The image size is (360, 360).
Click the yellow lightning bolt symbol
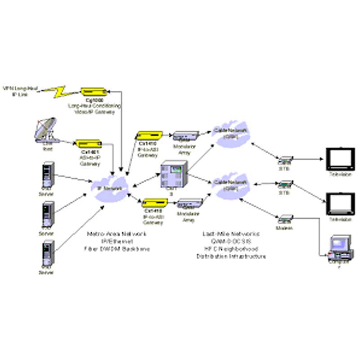click(x=60, y=92)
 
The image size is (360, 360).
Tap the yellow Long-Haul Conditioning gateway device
click(x=95, y=91)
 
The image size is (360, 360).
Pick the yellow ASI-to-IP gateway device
click(x=89, y=144)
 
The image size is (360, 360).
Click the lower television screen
click(x=340, y=203)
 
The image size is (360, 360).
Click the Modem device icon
click(x=284, y=220)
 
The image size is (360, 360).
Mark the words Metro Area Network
click(x=116, y=234)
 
